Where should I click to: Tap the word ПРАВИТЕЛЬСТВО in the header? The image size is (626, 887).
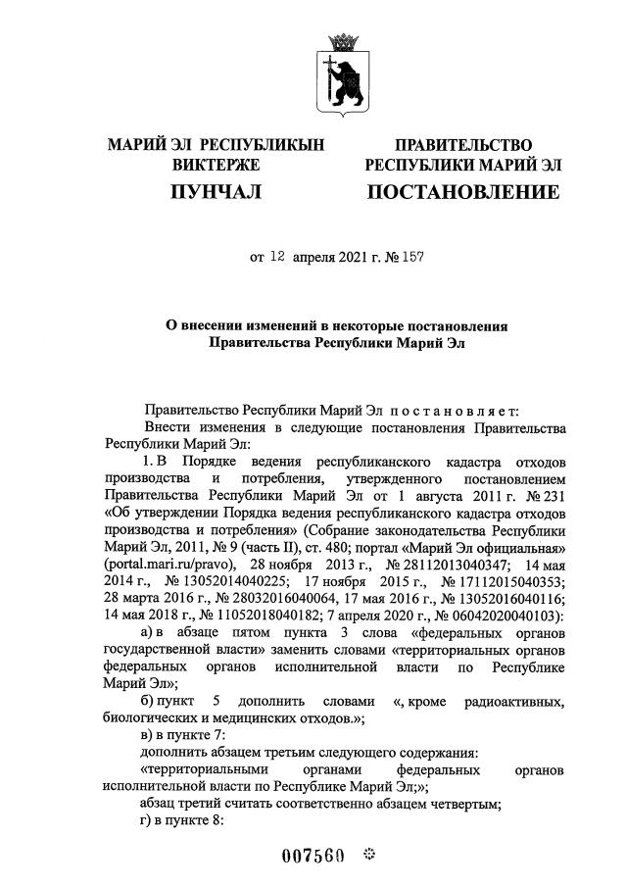click(x=462, y=145)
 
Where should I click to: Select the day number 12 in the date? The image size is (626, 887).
click(x=281, y=259)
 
